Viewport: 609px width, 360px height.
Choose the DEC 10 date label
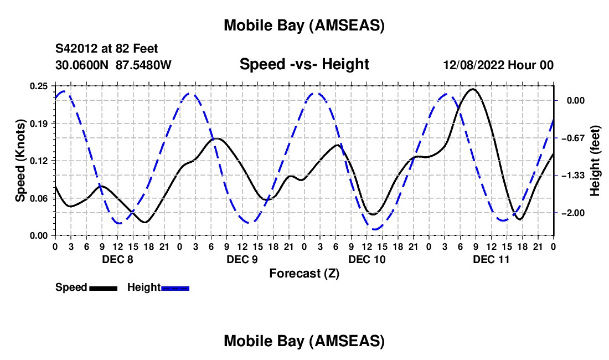click(367, 259)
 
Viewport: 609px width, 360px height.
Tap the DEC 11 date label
click(491, 259)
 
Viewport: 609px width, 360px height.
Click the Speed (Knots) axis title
click(20, 161)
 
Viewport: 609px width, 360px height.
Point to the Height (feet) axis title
click(595, 161)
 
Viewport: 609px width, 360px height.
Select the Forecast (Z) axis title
click(303, 273)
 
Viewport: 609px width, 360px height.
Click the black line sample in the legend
click(103, 287)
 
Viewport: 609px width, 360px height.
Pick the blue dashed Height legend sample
click(176, 287)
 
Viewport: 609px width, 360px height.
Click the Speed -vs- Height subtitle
click(304, 65)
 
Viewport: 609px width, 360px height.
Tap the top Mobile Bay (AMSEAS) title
click(304, 25)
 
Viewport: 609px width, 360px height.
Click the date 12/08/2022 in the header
click(477, 65)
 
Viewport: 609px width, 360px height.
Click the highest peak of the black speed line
click(472, 89)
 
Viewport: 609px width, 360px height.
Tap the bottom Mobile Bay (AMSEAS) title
click(304, 341)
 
